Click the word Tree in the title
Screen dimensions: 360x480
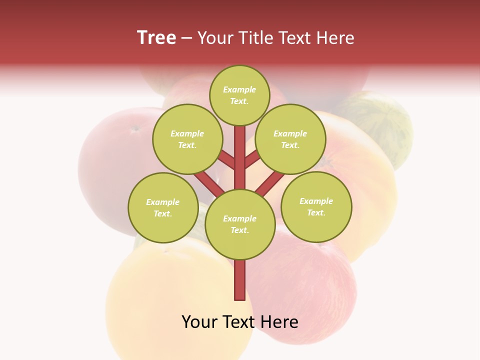(x=156, y=37)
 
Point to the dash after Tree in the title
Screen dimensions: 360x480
(x=187, y=38)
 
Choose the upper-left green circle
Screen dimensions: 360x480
(x=187, y=139)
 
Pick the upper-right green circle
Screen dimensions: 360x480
(x=290, y=139)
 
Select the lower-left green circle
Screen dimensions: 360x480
(x=163, y=207)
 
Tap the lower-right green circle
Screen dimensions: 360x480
(x=316, y=206)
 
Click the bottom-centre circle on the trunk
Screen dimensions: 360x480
(x=240, y=224)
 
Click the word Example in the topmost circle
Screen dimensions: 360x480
(x=239, y=89)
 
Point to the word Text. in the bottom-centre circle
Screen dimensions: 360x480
(x=239, y=230)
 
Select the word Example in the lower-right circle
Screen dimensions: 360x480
(x=316, y=201)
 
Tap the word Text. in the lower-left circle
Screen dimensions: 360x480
(x=162, y=214)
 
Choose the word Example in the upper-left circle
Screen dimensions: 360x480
(x=187, y=133)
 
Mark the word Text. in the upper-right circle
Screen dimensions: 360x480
(x=290, y=145)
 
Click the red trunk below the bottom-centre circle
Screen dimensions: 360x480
(x=240, y=280)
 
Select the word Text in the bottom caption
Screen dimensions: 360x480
(x=238, y=322)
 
